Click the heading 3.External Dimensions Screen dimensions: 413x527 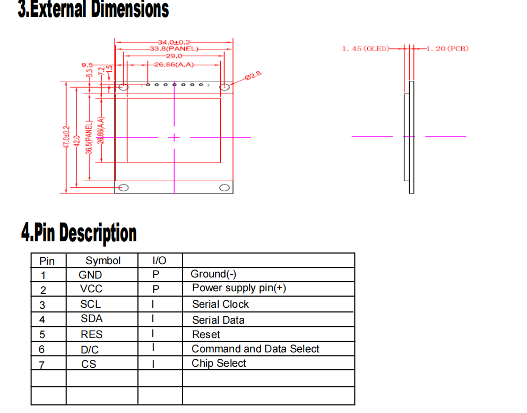(93, 10)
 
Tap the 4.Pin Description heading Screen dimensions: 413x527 (79, 233)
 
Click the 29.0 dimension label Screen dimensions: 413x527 (174, 56)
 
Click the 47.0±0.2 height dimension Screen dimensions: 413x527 (66, 137)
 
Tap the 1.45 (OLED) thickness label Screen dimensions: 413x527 (366, 49)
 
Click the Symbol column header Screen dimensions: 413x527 (103, 260)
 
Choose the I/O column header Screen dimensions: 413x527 (159, 260)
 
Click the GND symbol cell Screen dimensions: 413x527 (90, 275)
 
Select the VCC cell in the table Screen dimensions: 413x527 (91, 289)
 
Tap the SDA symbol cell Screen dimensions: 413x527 (91, 319)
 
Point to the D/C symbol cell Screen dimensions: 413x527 (90, 350)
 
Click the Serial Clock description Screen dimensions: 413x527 (220, 305)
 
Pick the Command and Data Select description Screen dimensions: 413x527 (255, 349)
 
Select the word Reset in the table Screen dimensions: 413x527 (206, 335)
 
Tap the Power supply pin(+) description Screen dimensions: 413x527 (239, 288)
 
